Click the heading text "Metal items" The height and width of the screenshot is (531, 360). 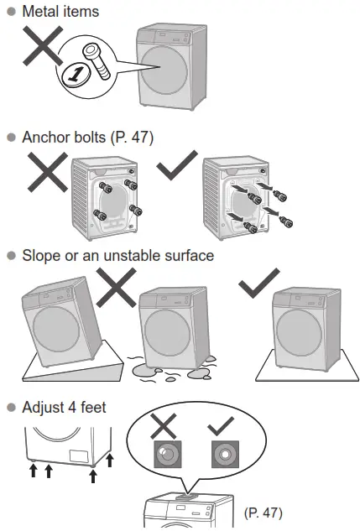[x=60, y=12]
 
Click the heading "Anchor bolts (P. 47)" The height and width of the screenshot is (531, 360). [x=88, y=136]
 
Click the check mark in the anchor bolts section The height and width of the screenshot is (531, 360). [x=178, y=166]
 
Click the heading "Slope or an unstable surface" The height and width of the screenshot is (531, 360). [x=117, y=255]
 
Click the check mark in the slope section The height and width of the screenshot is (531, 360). [x=258, y=286]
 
